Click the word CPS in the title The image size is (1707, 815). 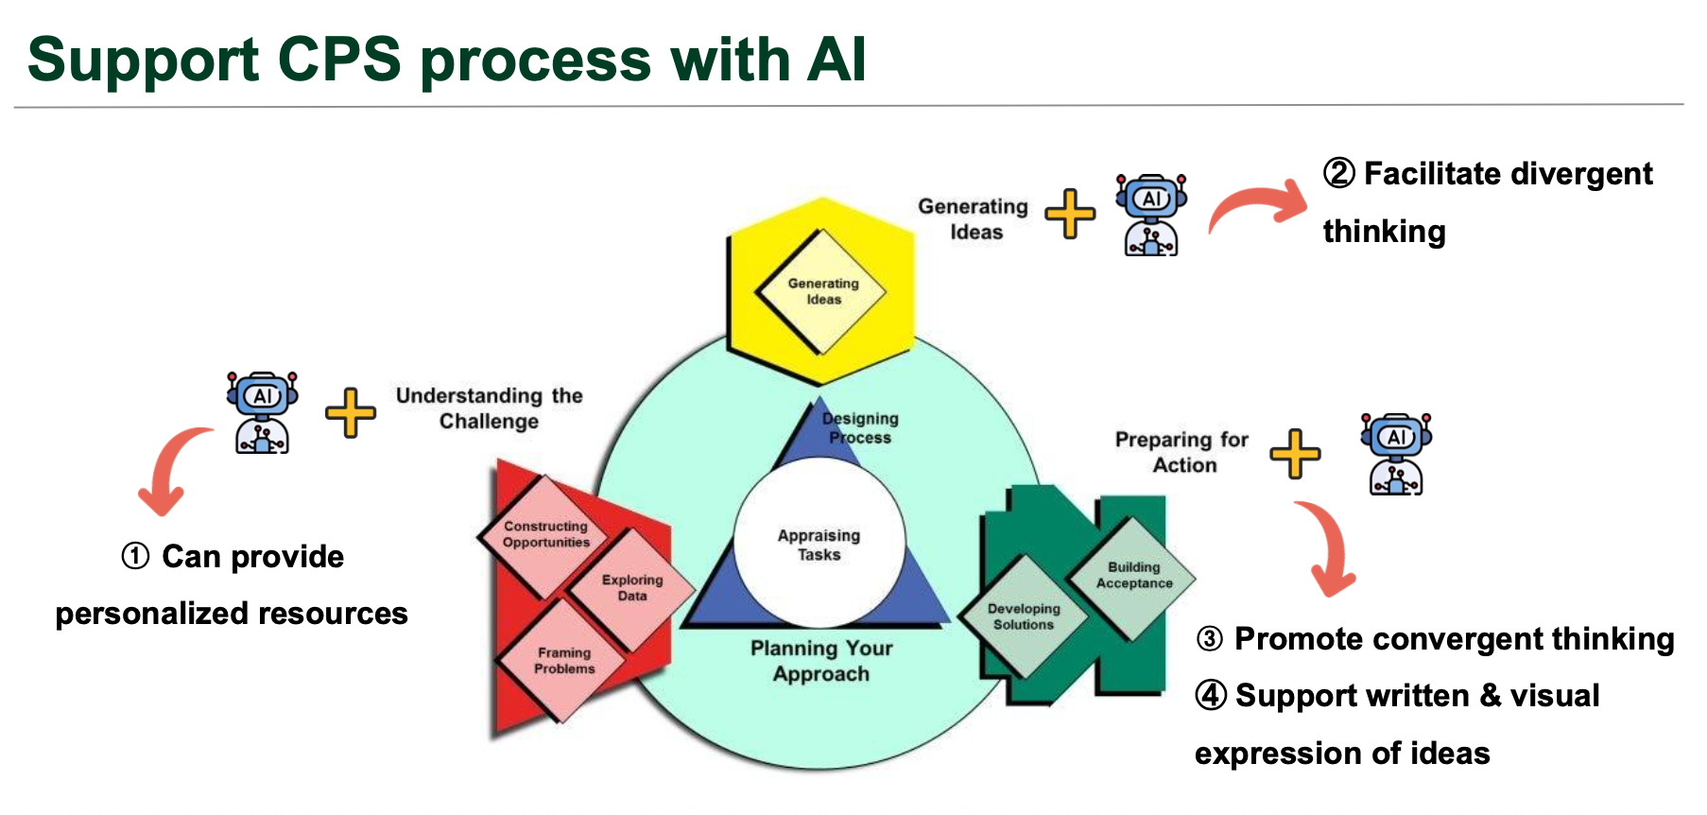point(339,60)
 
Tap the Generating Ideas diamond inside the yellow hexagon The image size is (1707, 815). point(822,291)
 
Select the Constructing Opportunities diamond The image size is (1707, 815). point(545,534)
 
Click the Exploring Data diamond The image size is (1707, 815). point(631,587)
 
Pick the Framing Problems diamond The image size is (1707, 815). point(563,660)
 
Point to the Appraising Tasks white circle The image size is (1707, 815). point(819,545)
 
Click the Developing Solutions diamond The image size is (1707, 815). point(1024,616)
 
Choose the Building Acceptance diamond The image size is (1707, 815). point(1133,575)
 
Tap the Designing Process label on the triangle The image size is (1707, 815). point(859,427)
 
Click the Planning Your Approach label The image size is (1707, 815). point(820,661)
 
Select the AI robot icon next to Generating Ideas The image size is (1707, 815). point(1150,215)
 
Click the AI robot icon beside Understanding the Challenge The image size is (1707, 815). point(262,412)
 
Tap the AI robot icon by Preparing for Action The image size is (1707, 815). point(1395,454)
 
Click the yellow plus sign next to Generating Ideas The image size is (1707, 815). point(1070,214)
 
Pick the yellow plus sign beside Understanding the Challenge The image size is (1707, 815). point(350,413)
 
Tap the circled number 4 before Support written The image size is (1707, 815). point(1211,695)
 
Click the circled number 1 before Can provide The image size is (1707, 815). point(135,556)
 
